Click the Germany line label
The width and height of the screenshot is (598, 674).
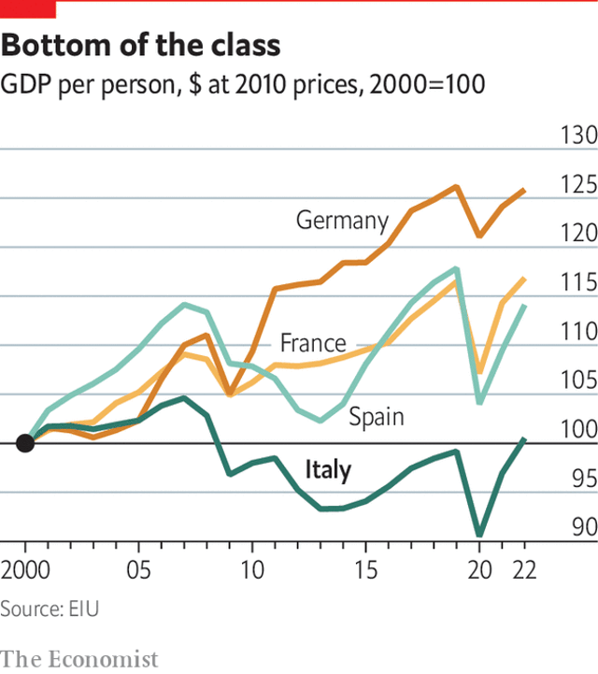pyautogui.click(x=342, y=221)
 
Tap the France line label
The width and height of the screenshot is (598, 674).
pyautogui.click(x=313, y=343)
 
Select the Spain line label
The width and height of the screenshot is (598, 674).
pyautogui.click(x=377, y=416)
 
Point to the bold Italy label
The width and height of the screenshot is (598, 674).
pyautogui.click(x=329, y=469)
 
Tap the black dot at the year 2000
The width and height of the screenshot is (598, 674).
pyautogui.click(x=25, y=443)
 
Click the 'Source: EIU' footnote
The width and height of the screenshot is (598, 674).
pyautogui.click(x=50, y=609)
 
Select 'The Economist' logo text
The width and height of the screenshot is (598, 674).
pyautogui.click(x=79, y=659)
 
